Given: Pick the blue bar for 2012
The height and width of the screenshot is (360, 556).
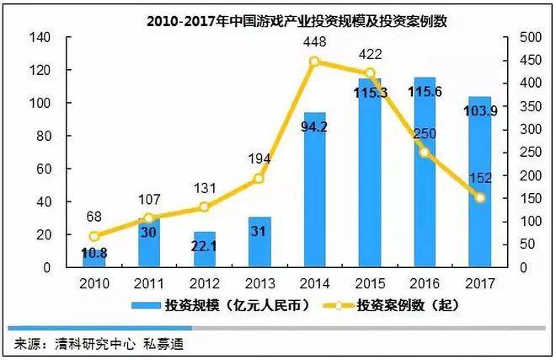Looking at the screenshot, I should point(205,250).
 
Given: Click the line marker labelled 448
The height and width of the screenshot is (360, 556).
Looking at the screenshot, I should point(314,62).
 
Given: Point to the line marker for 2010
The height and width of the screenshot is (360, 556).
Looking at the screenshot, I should point(94,236).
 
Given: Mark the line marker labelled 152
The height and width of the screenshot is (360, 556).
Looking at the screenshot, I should point(480,197).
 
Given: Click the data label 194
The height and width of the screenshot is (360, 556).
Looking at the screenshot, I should point(259,158).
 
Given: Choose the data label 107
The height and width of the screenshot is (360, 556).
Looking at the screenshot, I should point(149,200).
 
